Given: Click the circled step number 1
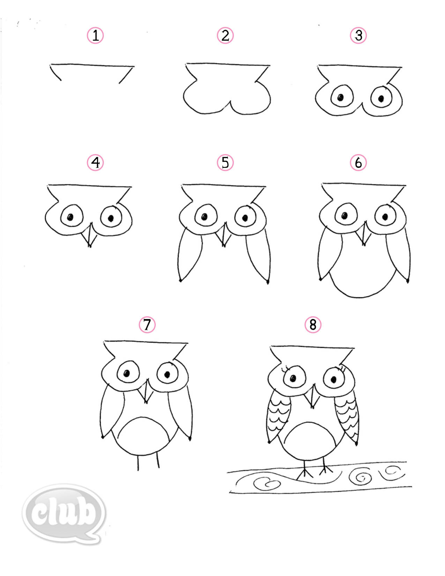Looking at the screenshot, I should click(x=95, y=35).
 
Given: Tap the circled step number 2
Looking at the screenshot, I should click(x=225, y=35).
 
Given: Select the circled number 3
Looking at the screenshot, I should click(x=358, y=35).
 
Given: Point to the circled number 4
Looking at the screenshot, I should click(x=95, y=162).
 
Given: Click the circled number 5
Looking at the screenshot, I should click(x=225, y=162).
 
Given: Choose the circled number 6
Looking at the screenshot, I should click(x=358, y=162).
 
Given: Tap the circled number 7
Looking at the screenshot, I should click(x=147, y=325).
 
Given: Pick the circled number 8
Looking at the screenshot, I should click(x=313, y=325).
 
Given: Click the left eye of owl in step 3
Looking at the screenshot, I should click(x=340, y=97).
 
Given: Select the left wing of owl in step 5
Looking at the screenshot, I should click(x=190, y=255).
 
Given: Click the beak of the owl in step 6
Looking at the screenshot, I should click(x=364, y=234).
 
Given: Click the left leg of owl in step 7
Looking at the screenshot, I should click(x=138, y=463).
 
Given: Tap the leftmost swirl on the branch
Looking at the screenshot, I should click(x=267, y=483).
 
